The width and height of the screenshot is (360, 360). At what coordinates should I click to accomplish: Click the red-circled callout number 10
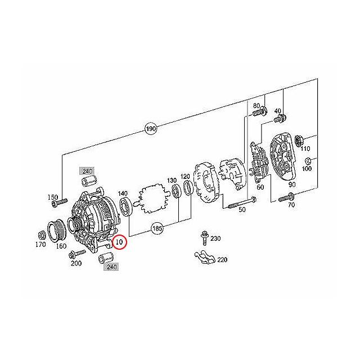[x=120, y=242]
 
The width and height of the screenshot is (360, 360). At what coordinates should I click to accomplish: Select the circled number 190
[x=151, y=129]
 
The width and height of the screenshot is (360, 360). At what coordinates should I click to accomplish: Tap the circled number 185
[x=157, y=228]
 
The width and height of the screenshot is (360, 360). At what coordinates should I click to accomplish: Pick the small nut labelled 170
[x=41, y=235]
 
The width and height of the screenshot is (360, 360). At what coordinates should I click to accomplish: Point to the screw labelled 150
[x=59, y=202]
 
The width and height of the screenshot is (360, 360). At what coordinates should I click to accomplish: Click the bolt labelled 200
[x=76, y=254]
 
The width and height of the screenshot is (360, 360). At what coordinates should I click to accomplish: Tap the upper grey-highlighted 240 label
[x=87, y=171]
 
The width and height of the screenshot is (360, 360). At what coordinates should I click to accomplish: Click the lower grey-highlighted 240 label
[x=111, y=267]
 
